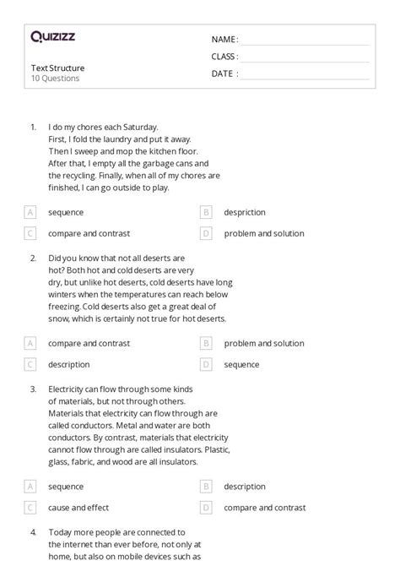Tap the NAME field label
(224, 40)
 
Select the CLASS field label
(224, 57)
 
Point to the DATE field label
(224, 73)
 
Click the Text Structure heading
(57, 68)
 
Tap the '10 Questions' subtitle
(55, 79)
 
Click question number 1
(33, 127)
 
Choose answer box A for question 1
(30, 213)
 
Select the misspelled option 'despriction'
(245, 213)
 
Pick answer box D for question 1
(206, 233)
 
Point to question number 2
(33, 258)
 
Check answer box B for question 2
(206, 344)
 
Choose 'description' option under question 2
(69, 365)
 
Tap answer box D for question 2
(206, 365)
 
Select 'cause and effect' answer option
(78, 508)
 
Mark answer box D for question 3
(206, 508)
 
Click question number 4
(33, 532)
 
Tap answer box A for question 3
(30, 487)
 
